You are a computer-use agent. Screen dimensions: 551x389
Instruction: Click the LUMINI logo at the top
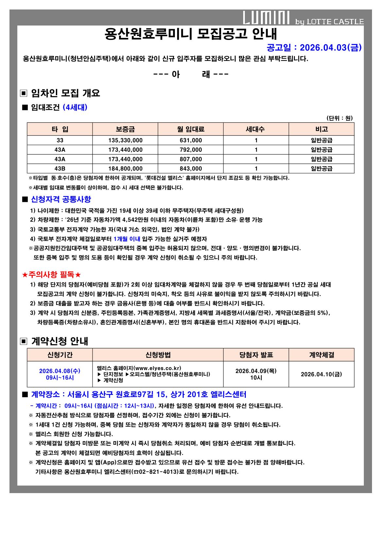(266, 18)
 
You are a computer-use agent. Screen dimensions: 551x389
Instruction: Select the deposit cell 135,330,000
(125, 140)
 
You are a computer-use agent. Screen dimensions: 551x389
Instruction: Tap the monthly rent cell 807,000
(191, 159)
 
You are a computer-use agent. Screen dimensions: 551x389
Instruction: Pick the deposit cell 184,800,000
(125, 169)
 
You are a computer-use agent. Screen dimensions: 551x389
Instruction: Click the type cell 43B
(60, 169)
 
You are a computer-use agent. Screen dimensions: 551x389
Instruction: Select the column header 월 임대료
(191, 129)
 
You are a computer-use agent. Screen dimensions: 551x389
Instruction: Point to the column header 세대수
(256, 129)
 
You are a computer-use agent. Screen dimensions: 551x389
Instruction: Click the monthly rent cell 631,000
(191, 140)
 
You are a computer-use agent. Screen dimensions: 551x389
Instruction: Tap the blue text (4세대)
(75, 107)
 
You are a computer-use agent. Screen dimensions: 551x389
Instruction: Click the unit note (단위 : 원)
(340, 118)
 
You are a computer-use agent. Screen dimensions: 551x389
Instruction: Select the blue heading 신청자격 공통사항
(61, 199)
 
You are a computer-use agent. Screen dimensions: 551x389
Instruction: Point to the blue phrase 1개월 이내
(127, 239)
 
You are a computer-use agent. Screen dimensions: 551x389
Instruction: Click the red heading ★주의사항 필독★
(51, 275)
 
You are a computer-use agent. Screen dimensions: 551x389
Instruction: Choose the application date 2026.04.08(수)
(59, 371)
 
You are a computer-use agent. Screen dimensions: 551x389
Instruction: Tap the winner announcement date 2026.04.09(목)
(256, 371)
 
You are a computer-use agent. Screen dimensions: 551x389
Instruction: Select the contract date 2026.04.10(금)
(321, 374)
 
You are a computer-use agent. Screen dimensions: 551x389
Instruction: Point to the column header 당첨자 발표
(256, 355)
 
